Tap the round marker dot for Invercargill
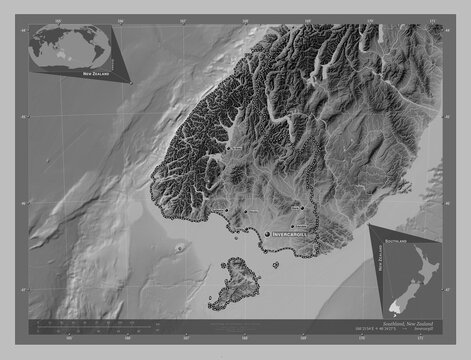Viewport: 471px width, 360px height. click(265, 233)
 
